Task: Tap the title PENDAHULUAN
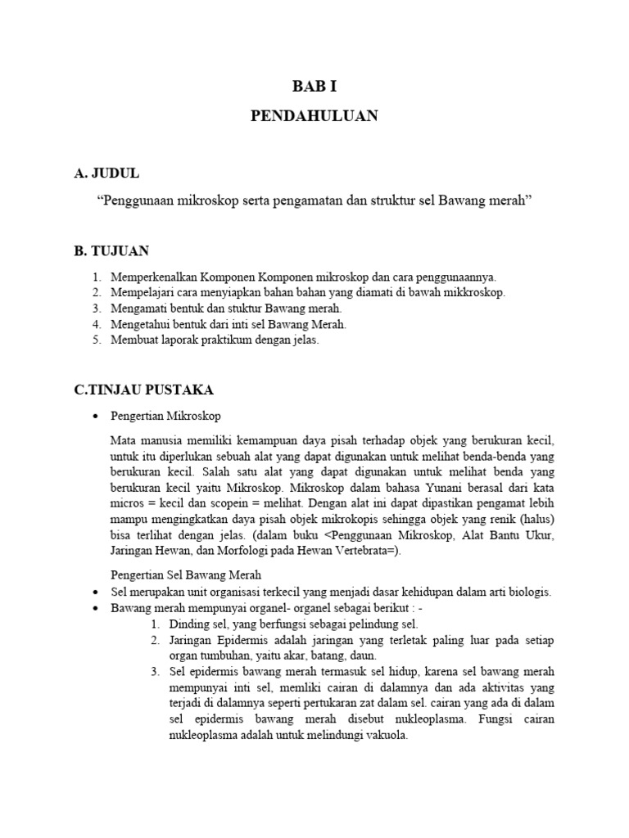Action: click(x=314, y=116)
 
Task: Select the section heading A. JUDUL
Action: click(x=106, y=173)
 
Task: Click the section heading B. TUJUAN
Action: click(x=111, y=250)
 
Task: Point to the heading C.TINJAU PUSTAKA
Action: click(x=144, y=390)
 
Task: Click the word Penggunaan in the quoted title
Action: click(x=133, y=200)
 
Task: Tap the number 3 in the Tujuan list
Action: click(x=96, y=309)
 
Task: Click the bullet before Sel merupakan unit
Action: click(x=97, y=592)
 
